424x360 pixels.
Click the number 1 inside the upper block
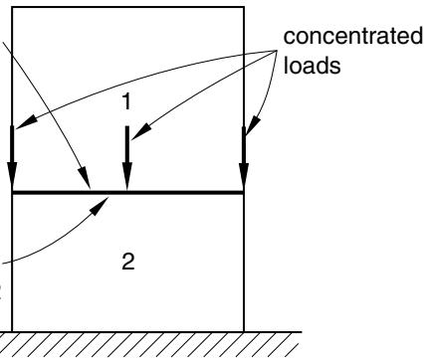(126, 101)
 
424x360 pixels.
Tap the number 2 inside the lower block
(128, 262)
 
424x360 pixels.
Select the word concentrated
(353, 36)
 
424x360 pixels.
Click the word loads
(313, 65)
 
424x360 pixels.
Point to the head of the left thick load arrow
(12, 177)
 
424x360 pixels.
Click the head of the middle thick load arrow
(127, 177)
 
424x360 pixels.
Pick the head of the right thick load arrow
(244, 177)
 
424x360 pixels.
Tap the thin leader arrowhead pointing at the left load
(24, 122)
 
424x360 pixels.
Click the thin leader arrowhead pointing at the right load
(253, 125)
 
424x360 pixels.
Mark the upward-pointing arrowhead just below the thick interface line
(100, 206)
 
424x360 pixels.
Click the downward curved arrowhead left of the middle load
(85, 179)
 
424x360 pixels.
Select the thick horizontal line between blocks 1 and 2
(128, 192)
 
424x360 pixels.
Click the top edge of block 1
(128, 7)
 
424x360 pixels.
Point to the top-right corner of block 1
(244, 7)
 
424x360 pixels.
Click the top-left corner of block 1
(12, 7)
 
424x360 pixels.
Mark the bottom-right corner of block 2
(244, 331)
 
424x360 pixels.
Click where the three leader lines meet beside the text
(277, 51)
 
